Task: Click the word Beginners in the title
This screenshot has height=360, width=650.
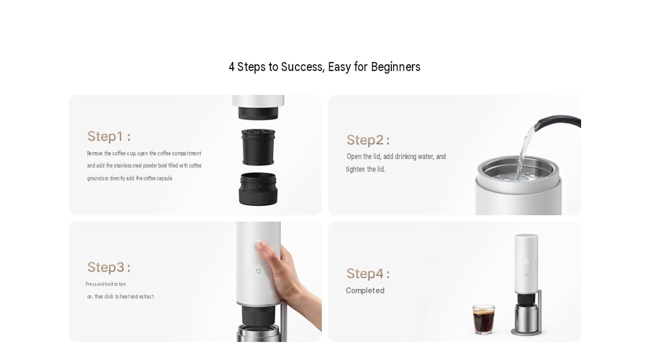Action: (396, 67)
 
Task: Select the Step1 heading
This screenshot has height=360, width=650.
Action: (109, 136)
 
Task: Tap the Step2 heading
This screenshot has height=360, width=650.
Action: (368, 140)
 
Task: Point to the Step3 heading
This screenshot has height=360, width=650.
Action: (109, 267)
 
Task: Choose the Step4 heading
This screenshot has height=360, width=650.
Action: (368, 273)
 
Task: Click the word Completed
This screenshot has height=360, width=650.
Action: (365, 291)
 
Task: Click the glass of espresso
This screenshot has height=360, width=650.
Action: (484, 319)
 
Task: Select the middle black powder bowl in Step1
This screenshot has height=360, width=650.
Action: (258, 147)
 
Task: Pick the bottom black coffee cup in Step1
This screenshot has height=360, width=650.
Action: (258, 189)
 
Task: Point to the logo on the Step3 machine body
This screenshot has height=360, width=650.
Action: (258, 271)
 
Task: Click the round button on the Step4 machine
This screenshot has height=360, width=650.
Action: (526, 262)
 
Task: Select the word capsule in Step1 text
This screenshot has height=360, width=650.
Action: (165, 178)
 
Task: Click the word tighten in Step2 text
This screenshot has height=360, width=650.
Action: (355, 169)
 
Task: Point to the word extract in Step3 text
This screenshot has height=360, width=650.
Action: (146, 296)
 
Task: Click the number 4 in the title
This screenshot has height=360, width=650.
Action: (231, 67)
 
